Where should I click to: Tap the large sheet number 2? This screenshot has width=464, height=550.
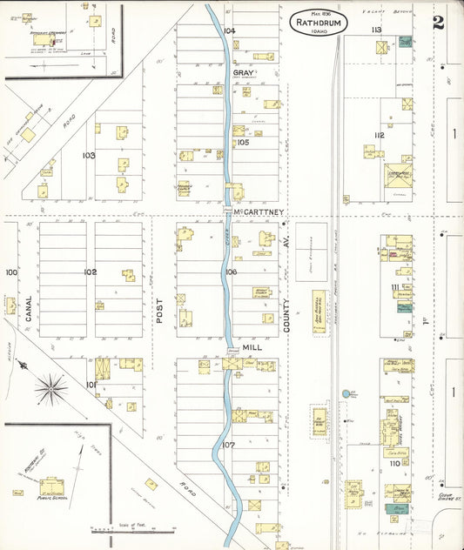439,22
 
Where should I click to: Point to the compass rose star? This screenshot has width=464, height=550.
53,383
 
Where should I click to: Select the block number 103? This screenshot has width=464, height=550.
89,155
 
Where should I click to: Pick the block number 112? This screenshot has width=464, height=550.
378,135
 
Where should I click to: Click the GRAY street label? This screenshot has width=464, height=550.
254,73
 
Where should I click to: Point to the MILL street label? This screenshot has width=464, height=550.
252,345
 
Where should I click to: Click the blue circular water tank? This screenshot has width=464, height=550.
347,393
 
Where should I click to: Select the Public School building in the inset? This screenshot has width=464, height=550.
52,486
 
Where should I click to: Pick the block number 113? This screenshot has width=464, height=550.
376,30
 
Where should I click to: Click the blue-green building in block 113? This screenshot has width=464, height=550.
405,42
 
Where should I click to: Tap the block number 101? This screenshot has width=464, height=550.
91,383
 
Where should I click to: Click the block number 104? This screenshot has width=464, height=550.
230,30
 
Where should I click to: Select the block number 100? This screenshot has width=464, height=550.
10,272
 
